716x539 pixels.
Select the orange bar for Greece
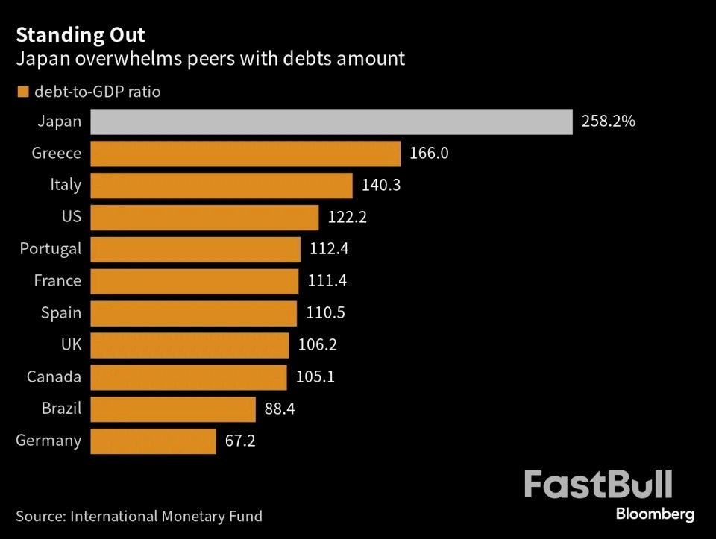tap(245, 154)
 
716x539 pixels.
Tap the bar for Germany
tap(153, 441)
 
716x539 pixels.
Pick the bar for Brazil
tap(173, 409)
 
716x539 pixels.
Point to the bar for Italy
tap(222, 185)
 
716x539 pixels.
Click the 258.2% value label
tap(609, 122)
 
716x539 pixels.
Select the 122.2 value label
tap(348, 218)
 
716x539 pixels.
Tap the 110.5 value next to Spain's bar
tap(326, 313)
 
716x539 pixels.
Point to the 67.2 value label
tap(240, 441)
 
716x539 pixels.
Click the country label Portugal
tap(51, 248)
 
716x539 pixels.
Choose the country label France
tap(57, 281)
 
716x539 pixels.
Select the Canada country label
tap(54, 376)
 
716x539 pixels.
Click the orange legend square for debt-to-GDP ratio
tap(22, 92)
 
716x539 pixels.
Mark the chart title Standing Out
tap(81, 35)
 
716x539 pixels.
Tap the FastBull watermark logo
tap(598, 485)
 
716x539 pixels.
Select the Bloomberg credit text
tap(656, 514)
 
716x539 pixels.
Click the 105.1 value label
tap(315, 376)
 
